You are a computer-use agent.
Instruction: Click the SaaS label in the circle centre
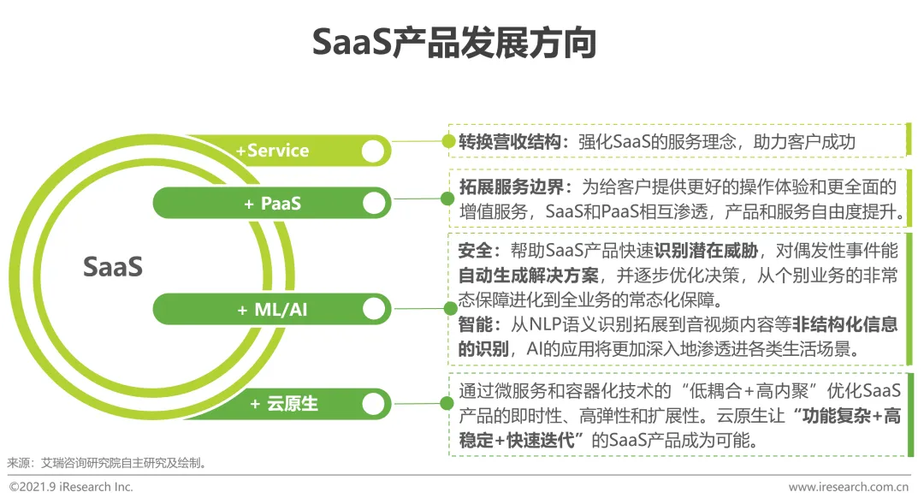[113, 267]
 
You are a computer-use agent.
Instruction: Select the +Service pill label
[272, 151]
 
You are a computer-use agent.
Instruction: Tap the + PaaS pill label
[272, 204]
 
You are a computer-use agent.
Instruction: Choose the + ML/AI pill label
[272, 310]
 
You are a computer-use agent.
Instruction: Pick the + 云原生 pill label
[283, 403]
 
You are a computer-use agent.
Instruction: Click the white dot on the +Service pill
[372, 151]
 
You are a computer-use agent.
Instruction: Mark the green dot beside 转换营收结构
[448, 142]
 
